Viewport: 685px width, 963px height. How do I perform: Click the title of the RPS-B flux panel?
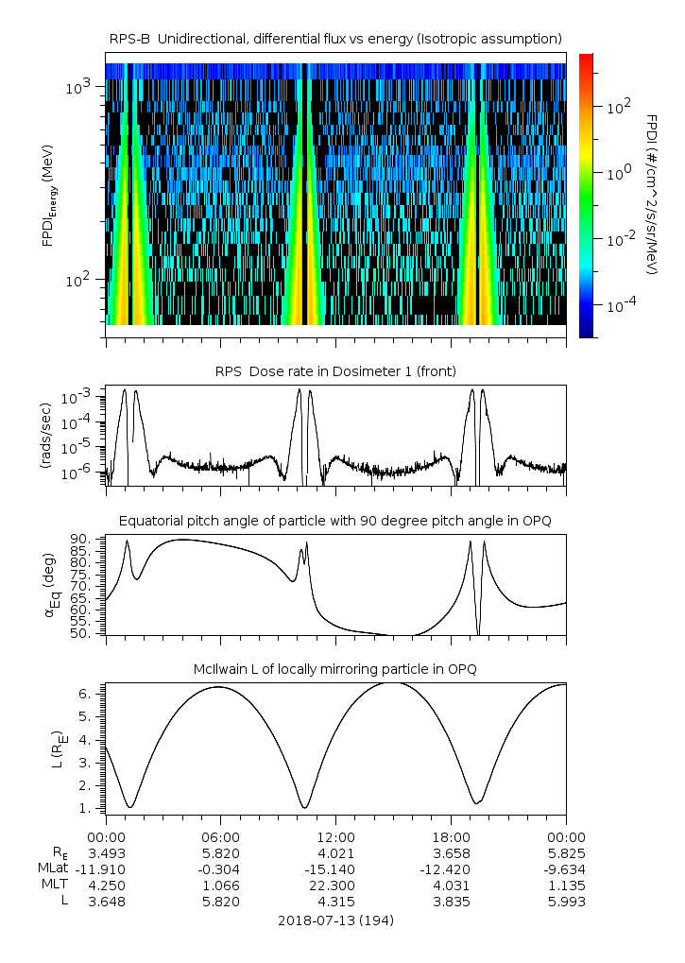(x=335, y=38)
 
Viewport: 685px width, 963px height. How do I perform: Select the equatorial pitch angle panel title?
(x=335, y=521)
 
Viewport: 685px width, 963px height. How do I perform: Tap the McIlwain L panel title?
(x=335, y=669)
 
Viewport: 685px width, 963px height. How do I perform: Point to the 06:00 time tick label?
(x=221, y=837)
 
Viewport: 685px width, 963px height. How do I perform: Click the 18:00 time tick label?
(x=451, y=837)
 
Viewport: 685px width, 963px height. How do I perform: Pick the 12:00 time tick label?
(x=335, y=837)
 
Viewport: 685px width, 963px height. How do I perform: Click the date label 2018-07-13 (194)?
(x=335, y=920)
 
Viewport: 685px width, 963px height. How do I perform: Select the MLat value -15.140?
(x=335, y=869)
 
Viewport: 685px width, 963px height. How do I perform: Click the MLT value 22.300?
(x=335, y=886)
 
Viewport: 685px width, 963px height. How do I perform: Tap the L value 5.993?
(x=566, y=902)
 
